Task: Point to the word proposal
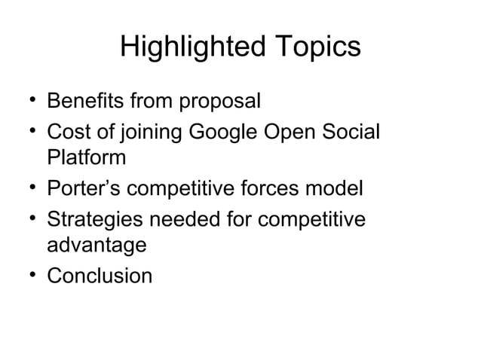pyautogui.click(x=224, y=101)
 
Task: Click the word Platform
pyautogui.click(x=86, y=159)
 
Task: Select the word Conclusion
pyautogui.click(x=100, y=276)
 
